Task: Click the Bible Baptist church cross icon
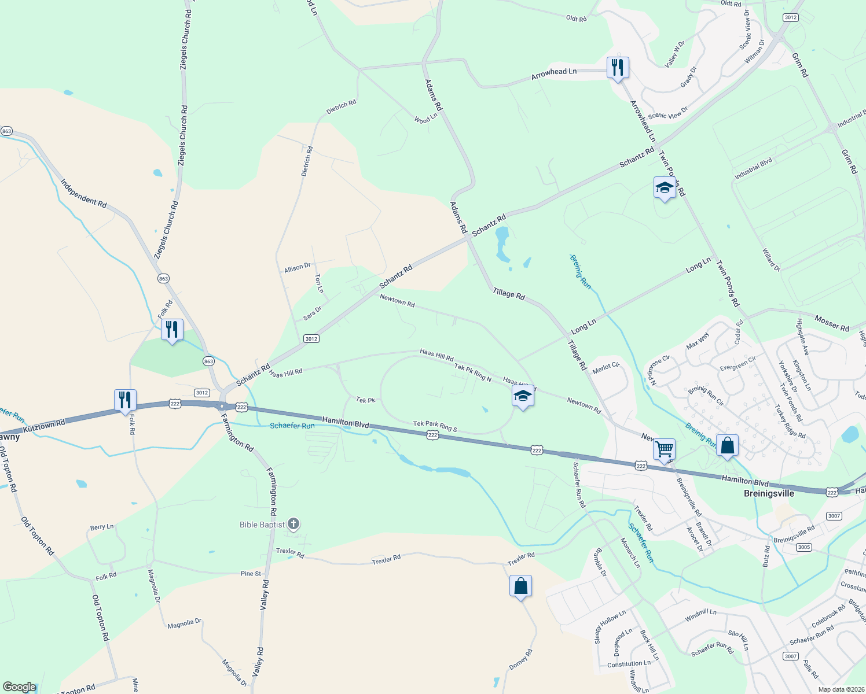(x=293, y=525)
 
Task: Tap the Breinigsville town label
(x=768, y=493)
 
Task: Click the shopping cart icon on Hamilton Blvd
(x=664, y=448)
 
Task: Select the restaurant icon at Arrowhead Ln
(x=618, y=68)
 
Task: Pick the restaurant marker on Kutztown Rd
(x=125, y=400)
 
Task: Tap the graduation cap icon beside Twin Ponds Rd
(x=664, y=187)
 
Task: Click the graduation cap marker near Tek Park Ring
(x=522, y=396)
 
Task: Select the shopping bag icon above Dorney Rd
(x=520, y=586)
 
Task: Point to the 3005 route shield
(x=804, y=547)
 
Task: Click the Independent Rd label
(x=84, y=194)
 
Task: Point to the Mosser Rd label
(x=831, y=323)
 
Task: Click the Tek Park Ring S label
(x=435, y=427)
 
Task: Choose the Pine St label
(x=251, y=574)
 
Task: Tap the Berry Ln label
(x=102, y=527)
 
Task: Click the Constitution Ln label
(x=629, y=664)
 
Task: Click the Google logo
(x=20, y=687)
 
